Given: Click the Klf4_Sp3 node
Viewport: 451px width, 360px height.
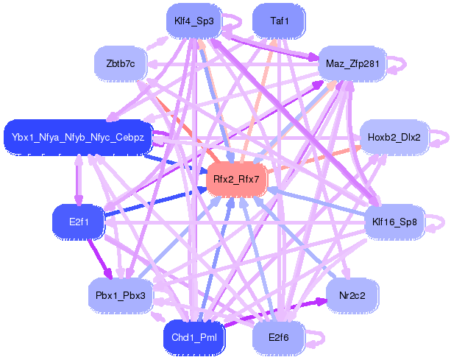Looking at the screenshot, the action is coord(193,21).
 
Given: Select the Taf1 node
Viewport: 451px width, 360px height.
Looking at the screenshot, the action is coord(279,21).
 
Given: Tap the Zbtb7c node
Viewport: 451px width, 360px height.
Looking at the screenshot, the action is coord(121,63).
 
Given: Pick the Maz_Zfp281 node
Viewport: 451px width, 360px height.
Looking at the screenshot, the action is coord(352,63).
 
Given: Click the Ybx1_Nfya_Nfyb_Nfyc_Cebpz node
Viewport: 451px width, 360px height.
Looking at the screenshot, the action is coord(78,137).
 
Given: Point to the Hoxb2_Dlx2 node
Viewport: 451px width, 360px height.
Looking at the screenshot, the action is coord(394,137).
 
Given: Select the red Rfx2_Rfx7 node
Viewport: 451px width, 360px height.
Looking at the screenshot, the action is coord(236,180).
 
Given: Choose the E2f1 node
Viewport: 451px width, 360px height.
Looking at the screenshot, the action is coord(79,222).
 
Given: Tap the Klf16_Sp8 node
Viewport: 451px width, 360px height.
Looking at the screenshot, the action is coord(394,222).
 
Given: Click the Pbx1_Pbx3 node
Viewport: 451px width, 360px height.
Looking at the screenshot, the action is coord(121,295).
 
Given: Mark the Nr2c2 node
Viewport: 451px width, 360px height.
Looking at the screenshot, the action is coord(352,295).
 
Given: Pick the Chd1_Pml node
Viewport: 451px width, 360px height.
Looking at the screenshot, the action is coord(193,338).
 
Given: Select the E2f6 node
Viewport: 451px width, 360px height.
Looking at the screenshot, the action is coord(279,338).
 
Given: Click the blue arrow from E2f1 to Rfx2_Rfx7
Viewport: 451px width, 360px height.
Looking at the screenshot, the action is coord(155,202).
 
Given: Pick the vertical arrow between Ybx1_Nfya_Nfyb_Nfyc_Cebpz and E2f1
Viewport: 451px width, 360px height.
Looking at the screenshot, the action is coord(79,180).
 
